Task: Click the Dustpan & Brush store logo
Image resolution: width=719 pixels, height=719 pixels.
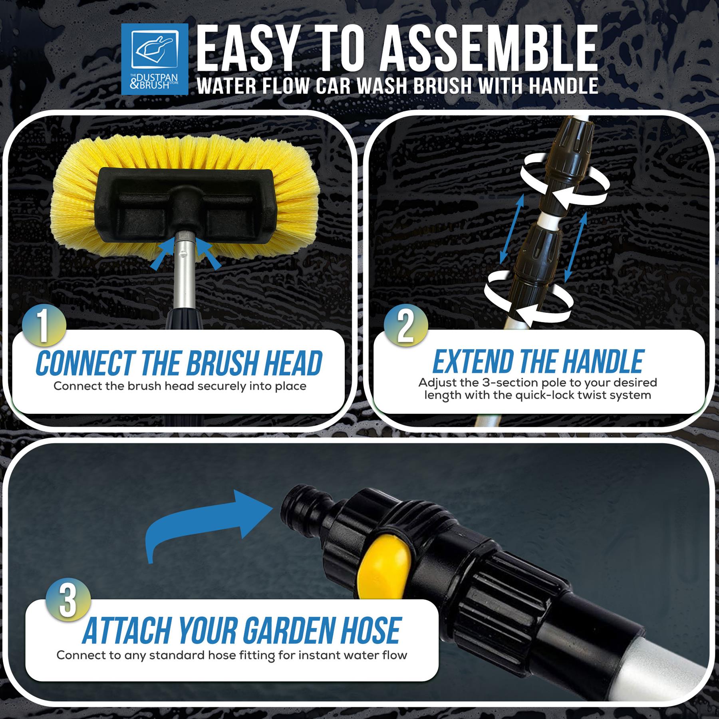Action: pyautogui.click(x=155, y=59)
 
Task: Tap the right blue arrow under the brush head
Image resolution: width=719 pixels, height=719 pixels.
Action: pyautogui.click(x=208, y=252)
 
